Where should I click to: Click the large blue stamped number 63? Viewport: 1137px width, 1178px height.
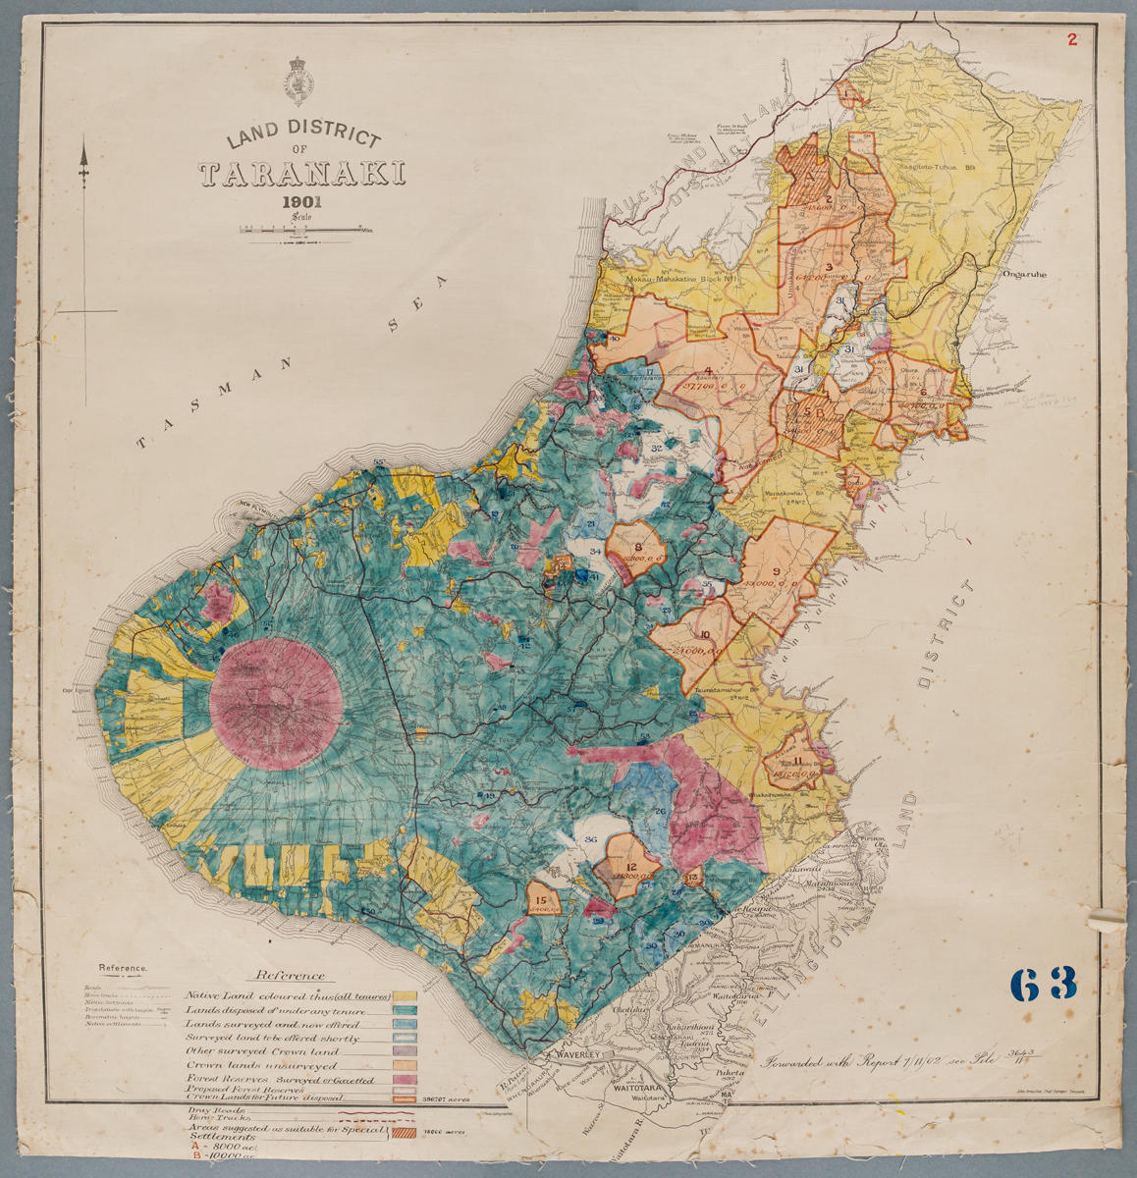coord(1042,983)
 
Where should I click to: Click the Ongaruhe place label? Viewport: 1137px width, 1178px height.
coord(1027,276)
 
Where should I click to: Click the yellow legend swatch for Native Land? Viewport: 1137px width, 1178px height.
coord(405,995)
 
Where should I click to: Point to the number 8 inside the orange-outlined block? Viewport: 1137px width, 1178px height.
coord(639,547)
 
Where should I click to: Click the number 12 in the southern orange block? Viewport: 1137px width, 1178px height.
coord(631,866)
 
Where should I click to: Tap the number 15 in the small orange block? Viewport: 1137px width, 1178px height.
coord(541,900)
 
